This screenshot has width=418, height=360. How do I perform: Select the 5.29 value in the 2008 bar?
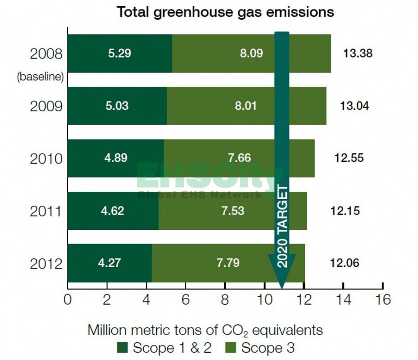click(x=120, y=53)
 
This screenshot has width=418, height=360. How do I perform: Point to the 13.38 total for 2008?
click(x=358, y=53)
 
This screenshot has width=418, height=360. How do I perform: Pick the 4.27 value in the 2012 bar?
click(x=109, y=263)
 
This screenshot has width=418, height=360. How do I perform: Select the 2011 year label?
click(x=46, y=212)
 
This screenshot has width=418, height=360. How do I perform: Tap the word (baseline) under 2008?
click(x=40, y=76)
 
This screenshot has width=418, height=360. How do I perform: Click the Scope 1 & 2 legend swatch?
click(x=124, y=347)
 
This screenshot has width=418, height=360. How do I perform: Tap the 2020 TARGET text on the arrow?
click(x=282, y=226)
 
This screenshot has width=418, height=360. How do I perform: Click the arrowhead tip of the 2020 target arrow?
click(x=282, y=287)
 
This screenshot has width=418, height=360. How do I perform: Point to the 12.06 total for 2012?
click(x=344, y=263)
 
